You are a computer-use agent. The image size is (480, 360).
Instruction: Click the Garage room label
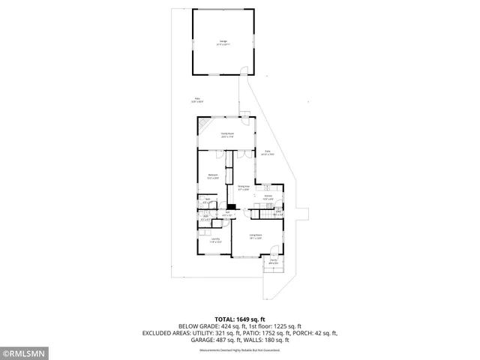[223, 42]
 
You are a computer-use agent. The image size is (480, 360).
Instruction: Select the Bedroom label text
[213, 175]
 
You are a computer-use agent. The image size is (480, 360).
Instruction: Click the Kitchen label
[268, 197]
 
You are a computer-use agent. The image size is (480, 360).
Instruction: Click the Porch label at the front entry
[274, 262]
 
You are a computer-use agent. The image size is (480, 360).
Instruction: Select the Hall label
[226, 213]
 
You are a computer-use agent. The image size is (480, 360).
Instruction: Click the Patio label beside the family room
[267, 152]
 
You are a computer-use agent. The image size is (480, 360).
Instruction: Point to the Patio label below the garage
[198, 98]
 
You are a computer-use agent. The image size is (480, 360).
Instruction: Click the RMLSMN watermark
[25, 352]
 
